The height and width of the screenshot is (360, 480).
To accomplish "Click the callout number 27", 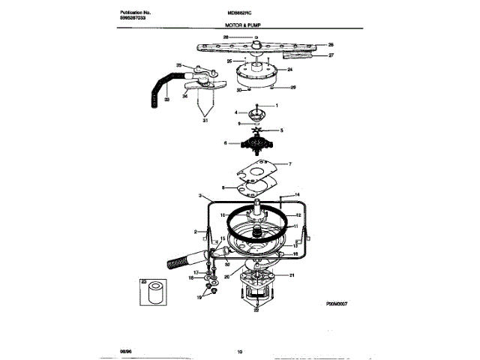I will (x=331, y=55).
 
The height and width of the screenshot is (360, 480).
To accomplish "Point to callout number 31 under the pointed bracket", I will (x=203, y=119).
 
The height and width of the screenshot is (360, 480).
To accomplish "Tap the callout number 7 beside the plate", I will (x=291, y=163).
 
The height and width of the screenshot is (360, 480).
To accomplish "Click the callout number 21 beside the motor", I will (x=293, y=276).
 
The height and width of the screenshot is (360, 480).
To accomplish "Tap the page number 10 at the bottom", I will (x=240, y=351).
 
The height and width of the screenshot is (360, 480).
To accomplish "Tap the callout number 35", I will (x=179, y=66).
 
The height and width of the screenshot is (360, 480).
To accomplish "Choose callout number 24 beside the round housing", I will (x=289, y=70).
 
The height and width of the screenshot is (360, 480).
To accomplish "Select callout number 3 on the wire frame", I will (x=200, y=196).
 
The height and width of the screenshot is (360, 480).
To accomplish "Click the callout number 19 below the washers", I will (x=199, y=297).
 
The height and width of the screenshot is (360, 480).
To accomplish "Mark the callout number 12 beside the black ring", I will (x=298, y=214).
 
